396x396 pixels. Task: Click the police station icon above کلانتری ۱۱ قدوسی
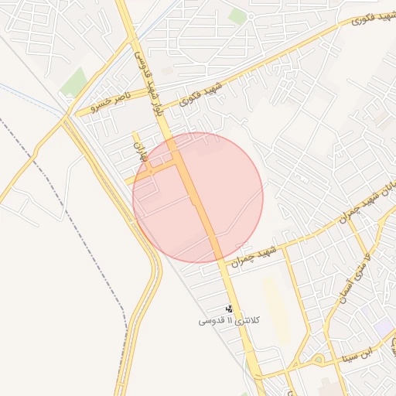(229, 307)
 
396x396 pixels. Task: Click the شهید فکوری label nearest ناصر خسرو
(201, 92)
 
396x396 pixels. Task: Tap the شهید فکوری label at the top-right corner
(364, 17)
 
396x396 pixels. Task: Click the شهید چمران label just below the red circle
(259, 253)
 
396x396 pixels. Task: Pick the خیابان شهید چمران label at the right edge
(363, 203)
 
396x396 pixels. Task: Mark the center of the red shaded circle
(198, 197)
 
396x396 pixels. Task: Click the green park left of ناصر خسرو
(73, 82)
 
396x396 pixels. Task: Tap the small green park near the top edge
(238, 16)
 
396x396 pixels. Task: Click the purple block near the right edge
(382, 326)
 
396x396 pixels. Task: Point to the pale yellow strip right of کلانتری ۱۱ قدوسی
(278, 309)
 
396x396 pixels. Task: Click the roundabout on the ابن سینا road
(317, 359)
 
